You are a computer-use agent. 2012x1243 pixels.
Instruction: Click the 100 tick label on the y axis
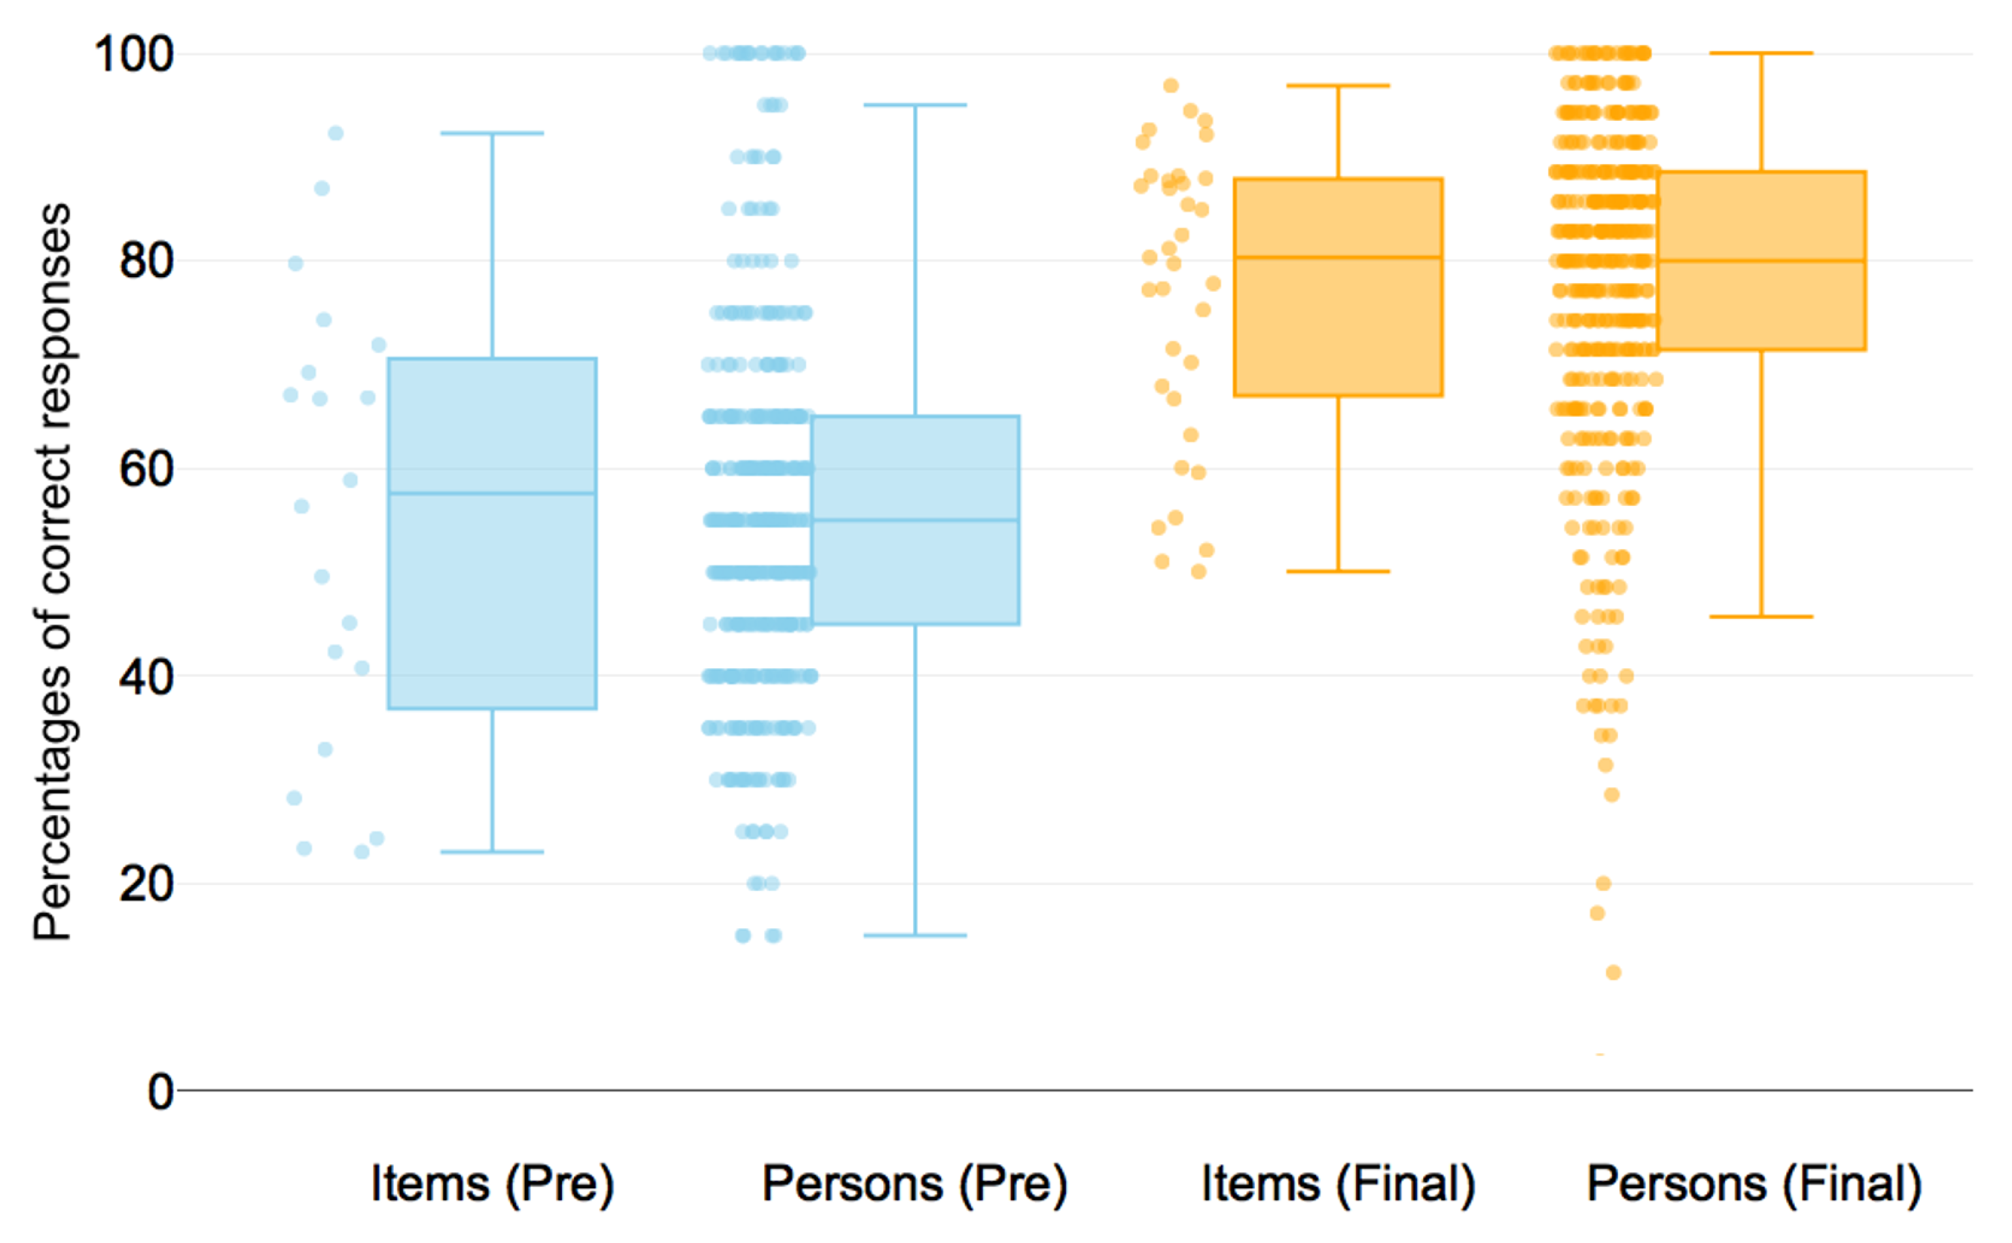click(x=134, y=55)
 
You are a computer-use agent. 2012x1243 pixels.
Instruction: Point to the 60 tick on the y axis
click(x=146, y=469)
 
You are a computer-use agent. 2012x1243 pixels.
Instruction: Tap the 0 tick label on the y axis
click(x=161, y=1093)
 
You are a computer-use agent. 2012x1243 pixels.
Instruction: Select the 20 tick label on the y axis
click(x=146, y=884)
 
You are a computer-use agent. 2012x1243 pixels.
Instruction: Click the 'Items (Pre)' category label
click(x=492, y=1184)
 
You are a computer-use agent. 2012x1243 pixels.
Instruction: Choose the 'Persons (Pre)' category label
click(x=914, y=1184)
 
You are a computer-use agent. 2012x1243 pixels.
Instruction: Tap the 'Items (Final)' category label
click(x=1337, y=1184)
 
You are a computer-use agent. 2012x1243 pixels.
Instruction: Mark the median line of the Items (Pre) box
click(x=492, y=493)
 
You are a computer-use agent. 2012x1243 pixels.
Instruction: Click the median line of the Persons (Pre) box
click(x=915, y=520)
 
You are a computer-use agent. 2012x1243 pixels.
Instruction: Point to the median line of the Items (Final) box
click(x=1337, y=257)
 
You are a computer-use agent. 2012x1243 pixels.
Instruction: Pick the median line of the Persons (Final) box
click(x=1760, y=261)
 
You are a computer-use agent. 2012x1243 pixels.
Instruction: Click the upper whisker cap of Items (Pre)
click(x=492, y=133)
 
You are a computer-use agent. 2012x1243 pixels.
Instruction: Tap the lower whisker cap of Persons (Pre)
click(x=915, y=935)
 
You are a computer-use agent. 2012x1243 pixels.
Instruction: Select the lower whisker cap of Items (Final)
click(x=1337, y=571)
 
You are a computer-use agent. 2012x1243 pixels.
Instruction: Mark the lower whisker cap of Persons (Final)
click(x=1760, y=616)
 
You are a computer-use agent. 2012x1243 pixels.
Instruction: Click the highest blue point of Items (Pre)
click(x=335, y=133)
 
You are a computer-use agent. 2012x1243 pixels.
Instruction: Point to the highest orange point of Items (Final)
click(x=1171, y=86)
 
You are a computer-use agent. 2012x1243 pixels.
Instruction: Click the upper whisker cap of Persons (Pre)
click(x=915, y=105)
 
